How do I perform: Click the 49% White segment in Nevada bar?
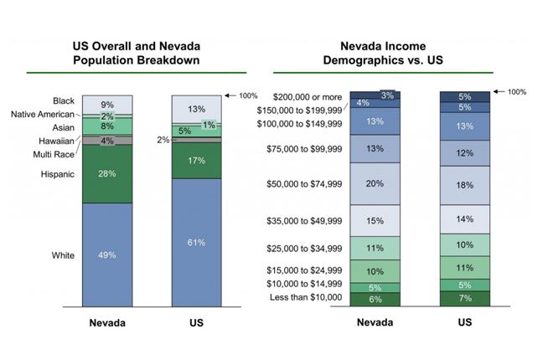click(107, 254)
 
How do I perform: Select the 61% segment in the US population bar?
click(197, 242)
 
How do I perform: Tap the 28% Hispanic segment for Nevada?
click(107, 173)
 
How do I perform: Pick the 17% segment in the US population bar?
click(197, 160)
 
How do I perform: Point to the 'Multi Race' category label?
click(52, 154)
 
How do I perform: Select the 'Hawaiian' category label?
click(56, 141)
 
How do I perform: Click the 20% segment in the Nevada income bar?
click(375, 183)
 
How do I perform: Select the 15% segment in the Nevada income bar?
click(375, 220)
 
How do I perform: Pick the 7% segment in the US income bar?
click(465, 298)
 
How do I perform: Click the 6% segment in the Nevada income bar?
click(375, 299)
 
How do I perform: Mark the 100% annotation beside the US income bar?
click(516, 91)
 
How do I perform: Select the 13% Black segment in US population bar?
click(197, 109)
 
